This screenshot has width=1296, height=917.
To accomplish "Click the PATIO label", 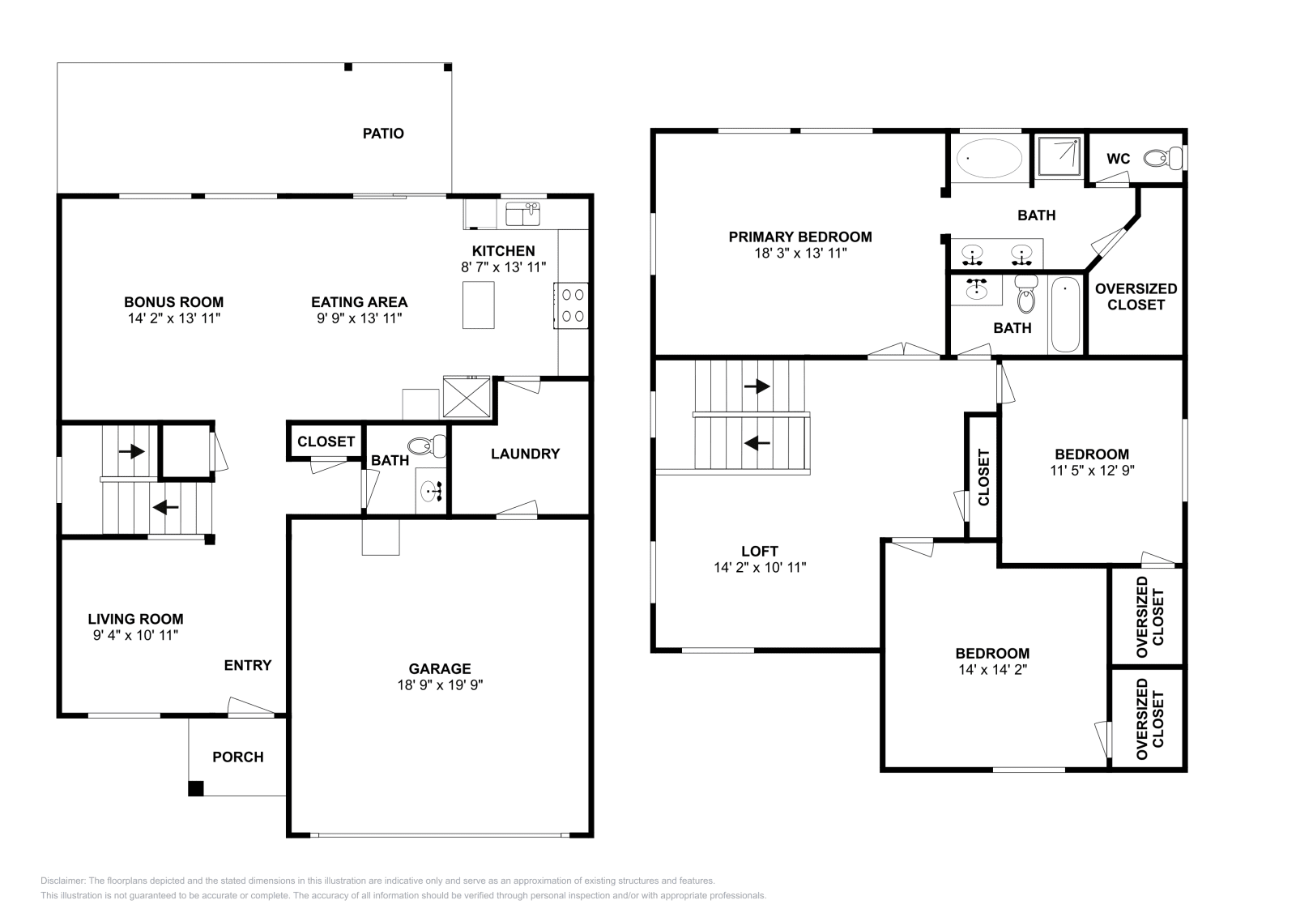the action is coord(383,134).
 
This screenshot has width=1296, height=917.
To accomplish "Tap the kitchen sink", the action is coord(522,214).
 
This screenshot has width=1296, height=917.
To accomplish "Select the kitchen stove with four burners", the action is coord(571,305).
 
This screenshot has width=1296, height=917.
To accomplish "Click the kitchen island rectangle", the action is coord(479,305).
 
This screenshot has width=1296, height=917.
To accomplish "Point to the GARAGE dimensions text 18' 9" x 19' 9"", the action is coord(440,685).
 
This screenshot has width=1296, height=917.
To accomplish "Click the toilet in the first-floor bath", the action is coord(428,446).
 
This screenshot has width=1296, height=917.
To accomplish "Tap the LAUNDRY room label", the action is coord(526,454).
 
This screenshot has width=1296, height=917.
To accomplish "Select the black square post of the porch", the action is coord(195,788).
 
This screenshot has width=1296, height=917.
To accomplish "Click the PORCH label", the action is coord(238,757).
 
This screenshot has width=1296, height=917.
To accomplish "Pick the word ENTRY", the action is coord(248,665).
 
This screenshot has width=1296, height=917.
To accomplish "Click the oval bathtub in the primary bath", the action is coord(989,158).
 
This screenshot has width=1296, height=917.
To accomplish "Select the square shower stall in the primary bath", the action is coord(1059,156).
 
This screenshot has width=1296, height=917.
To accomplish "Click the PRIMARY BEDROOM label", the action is coord(800,237).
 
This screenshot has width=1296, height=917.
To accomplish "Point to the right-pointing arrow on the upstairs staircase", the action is coord(757,386).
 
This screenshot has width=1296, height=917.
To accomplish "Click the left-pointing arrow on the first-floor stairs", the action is coord(166,507).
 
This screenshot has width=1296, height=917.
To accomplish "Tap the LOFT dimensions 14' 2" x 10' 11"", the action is coord(760,568).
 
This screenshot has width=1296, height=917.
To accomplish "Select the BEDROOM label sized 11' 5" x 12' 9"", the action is coord(1092,454).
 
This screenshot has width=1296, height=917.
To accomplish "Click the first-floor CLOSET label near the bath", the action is coord(326,441).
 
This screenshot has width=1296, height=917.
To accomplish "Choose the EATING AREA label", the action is coord(360,302).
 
